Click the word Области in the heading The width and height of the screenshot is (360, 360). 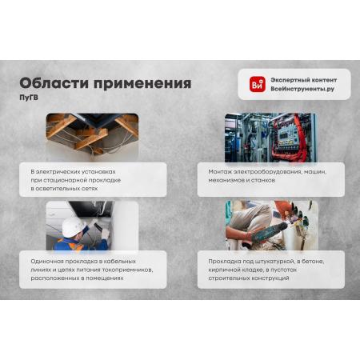tap(54, 83)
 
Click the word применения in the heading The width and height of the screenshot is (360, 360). tap(142, 84)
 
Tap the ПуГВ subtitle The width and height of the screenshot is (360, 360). tap(29, 98)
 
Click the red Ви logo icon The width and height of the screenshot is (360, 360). tap(258, 84)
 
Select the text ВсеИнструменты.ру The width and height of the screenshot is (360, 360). tap(302, 89)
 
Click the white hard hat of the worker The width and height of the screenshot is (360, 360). tap(73, 226)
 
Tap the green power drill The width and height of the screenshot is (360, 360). tap(270, 232)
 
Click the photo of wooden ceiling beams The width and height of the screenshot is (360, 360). tap(92, 137)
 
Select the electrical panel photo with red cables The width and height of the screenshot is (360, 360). tap(271, 138)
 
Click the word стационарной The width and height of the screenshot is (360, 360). tap(65, 180)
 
